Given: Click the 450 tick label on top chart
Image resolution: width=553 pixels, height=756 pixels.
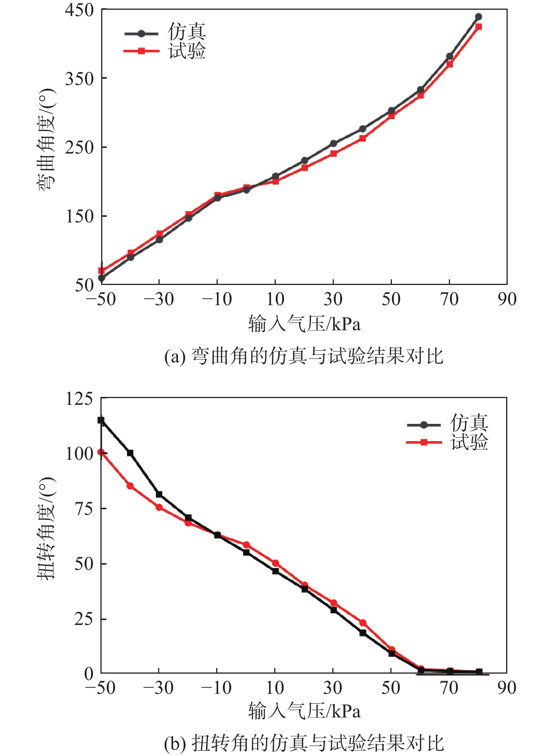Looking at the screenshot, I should click(79, 10).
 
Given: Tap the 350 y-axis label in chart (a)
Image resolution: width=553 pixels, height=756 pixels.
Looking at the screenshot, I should click(79, 79).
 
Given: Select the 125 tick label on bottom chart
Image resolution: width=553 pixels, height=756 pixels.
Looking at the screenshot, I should click(79, 398).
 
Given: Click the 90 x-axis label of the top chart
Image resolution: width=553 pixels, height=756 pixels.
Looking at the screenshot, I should click(507, 299).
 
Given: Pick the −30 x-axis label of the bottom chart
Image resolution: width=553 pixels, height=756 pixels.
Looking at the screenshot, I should click(158, 688).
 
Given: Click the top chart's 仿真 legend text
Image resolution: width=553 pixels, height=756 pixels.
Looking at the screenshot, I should click(187, 31).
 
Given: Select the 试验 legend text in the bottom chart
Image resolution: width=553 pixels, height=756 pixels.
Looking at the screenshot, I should click(469, 442).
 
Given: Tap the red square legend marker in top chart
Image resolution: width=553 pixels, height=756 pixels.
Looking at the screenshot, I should click(141, 51).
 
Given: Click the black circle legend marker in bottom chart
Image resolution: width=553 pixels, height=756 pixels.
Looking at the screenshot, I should click(424, 425).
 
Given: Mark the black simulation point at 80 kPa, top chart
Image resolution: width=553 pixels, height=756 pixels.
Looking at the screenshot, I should click(478, 17).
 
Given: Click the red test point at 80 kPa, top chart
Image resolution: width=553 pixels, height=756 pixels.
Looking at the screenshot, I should click(478, 27).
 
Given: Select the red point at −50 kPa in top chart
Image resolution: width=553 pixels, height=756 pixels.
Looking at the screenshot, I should click(101, 270).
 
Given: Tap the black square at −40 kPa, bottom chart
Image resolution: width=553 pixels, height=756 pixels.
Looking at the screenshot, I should click(130, 453).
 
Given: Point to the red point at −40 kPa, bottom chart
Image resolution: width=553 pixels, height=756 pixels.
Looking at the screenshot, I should click(130, 486).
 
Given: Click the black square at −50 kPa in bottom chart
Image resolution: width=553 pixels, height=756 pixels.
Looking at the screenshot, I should click(101, 420).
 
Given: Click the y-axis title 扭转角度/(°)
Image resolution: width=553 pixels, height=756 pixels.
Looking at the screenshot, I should click(46, 529).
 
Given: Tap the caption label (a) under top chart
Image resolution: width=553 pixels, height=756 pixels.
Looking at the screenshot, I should click(175, 356).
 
